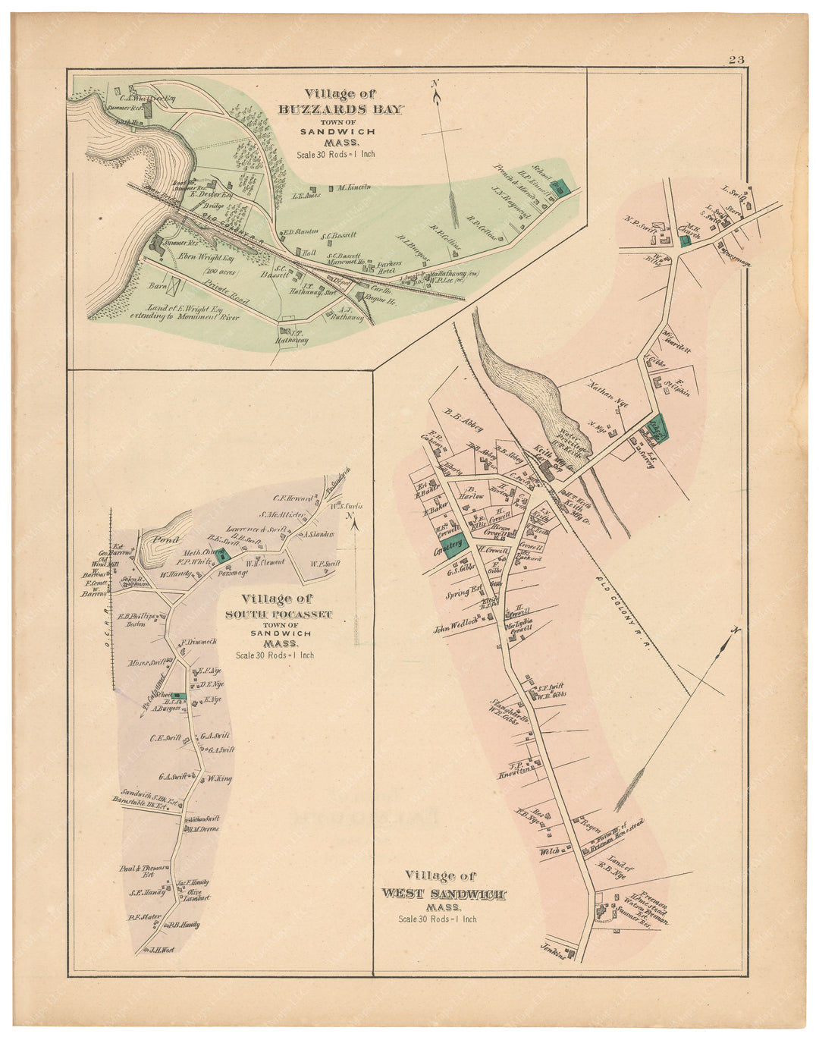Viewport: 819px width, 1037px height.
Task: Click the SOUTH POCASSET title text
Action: pos(278,614)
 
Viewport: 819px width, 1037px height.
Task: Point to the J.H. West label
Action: pos(162,949)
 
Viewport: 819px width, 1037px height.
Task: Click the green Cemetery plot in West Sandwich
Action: pos(453,545)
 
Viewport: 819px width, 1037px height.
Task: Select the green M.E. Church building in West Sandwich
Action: pos(685,240)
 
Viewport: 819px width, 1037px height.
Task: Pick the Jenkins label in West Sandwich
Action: pos(555,946)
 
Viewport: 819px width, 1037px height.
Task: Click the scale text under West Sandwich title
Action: pos(438,919)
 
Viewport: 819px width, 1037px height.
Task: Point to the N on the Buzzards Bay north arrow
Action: pos(435,83)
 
